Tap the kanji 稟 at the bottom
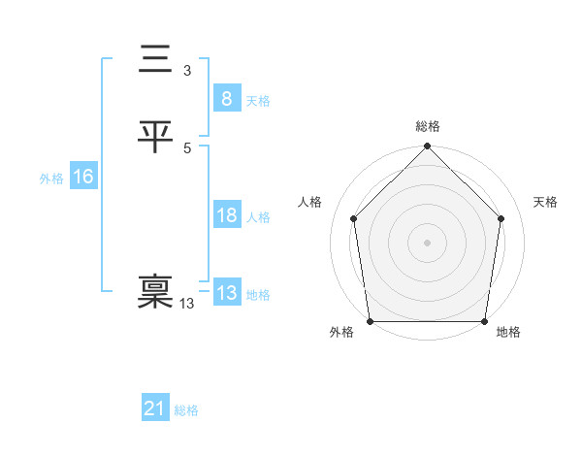[x=155, y=292]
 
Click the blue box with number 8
[x=226, y=98]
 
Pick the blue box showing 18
[x=226, y=215]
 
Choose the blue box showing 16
[x=82, y=177]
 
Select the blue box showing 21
[x=155, y=408]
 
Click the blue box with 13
[x=226, y=293]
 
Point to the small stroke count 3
[x=186, y=71]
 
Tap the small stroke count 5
[x=187, y=147]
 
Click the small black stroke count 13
[x=186, y=304]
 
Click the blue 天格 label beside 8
[x=258, y=101]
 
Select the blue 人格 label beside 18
[x=258, y=217]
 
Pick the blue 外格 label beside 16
[x=51, y=179]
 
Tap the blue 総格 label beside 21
[x=186, y=410]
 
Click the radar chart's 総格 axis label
[x=428, y=126]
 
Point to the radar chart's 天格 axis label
[x=546, y=202]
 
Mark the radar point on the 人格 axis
[x=354, y=218]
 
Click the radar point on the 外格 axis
[x=371, y=321]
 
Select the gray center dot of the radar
[x=427, y=242]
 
